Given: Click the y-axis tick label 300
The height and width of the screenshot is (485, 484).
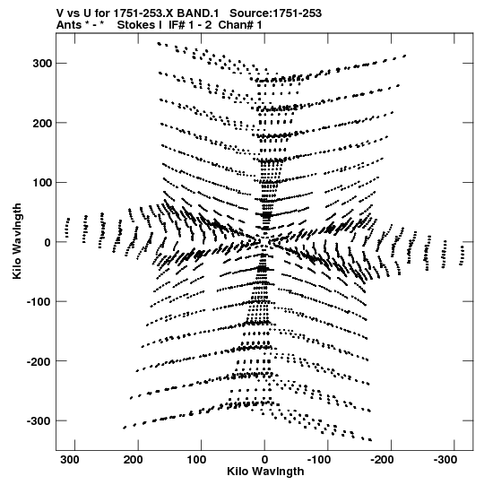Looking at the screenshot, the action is pos(42,63).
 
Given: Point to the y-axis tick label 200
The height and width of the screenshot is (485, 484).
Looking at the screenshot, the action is pos(42,123).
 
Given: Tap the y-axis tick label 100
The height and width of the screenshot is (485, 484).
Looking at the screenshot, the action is pos(42,183).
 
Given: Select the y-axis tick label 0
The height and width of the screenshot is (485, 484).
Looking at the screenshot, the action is pos(48,242).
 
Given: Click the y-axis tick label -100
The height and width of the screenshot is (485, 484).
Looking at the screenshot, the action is pos(39,301).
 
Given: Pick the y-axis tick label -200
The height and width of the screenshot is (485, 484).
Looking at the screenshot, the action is pos(39,361).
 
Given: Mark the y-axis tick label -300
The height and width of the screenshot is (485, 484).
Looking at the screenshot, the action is pos(39,421).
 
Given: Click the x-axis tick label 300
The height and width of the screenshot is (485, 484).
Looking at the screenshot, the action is pos(70,460).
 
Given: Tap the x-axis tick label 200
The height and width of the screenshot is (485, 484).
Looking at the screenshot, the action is pos(134,460).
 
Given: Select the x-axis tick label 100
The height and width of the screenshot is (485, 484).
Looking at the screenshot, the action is pos(196,460).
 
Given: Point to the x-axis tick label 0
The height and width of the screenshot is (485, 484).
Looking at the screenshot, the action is pos(264,460).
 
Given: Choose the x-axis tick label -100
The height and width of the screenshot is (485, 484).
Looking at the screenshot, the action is pos(318,460).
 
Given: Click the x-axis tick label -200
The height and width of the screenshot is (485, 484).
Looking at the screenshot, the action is pos(382,460).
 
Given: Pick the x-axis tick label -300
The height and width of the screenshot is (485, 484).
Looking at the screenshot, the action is pos(445,460).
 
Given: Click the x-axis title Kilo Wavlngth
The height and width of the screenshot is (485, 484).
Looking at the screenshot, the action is pos(265,472).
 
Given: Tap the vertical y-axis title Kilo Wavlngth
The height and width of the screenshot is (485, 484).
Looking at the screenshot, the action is pos(17,241).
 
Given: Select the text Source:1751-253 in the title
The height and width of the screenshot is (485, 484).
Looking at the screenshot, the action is pos(275,13).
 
